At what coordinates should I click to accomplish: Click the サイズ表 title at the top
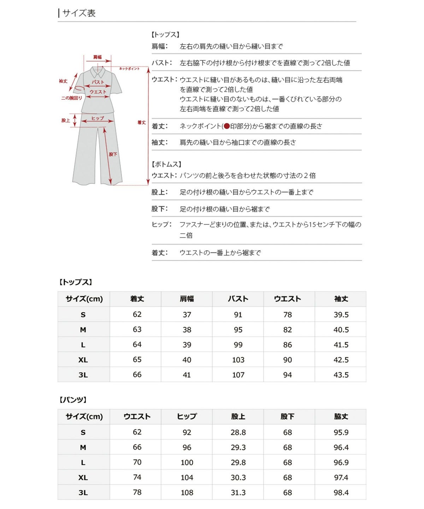pos(79,13)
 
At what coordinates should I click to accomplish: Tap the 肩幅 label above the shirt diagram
pos(98,57)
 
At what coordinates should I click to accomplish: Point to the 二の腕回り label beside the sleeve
pos(71,98)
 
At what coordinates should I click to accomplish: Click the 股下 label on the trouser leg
pos(113,154)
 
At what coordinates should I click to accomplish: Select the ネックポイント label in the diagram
pos(129,69)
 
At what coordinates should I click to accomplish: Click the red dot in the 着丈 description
pos(226,126)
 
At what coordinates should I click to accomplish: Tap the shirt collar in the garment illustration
pos(98,72)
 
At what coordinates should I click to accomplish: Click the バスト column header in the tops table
pos(238,299)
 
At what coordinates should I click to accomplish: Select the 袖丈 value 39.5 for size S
pos(341,315)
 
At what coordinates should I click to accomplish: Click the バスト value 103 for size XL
pos(238,360)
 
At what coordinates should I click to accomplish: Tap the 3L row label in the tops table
pos(83,375)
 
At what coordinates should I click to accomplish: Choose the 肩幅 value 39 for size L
pos(187,345)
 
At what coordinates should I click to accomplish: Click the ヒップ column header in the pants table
pos(187,417)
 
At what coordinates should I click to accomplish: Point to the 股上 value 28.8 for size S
pos(238,432)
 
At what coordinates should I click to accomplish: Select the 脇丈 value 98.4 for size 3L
pos(341,492)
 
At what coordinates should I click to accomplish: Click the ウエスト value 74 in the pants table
pos(137,477)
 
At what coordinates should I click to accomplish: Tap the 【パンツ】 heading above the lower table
pos(73,400)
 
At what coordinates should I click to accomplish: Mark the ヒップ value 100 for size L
pos(187,462)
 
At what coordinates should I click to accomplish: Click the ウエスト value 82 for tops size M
pos(288,330)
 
